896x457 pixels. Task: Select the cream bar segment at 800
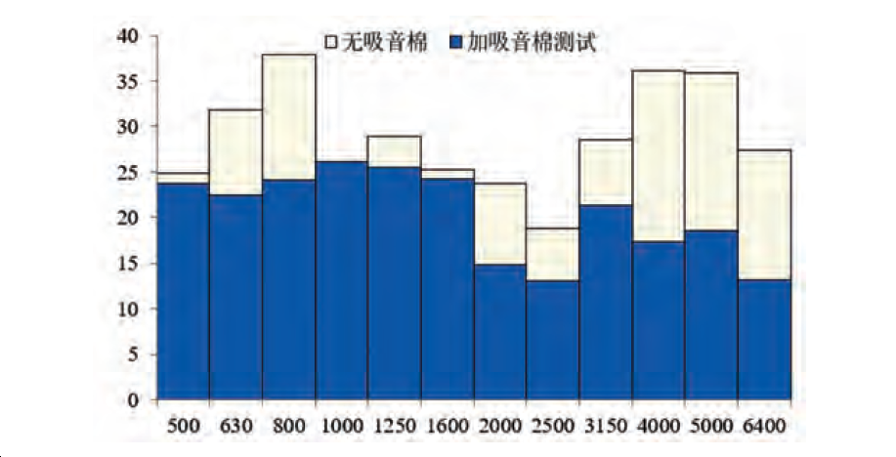(288, 117)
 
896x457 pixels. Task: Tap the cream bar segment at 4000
(658, 156)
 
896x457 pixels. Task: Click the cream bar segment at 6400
(764, 215)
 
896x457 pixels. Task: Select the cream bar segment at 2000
(499, 224)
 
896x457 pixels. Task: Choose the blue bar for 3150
(605, 303)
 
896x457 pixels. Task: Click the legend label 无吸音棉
(379, 43)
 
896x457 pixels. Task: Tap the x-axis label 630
(235, 427)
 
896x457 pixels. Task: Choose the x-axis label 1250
(394, 427)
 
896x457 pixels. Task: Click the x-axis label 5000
(710, 427)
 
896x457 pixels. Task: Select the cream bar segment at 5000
(710, 151)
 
